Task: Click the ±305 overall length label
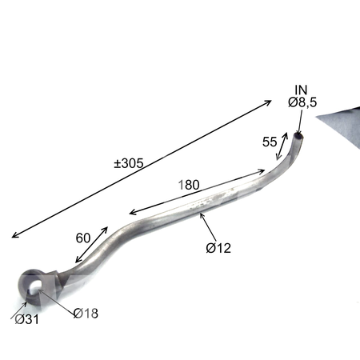tap(129, 163)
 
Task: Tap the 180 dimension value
tap(189, 185)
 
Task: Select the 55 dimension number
tap(270, 142)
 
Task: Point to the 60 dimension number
tap(83, 238)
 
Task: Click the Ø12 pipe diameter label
tap(218, 248)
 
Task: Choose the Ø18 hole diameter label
tap(86, 314)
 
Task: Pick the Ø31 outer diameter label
tap(26, 319)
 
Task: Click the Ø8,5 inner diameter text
tap(302, 102)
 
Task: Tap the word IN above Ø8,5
tap(301, 90)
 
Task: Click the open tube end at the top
tap(298, 136)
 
